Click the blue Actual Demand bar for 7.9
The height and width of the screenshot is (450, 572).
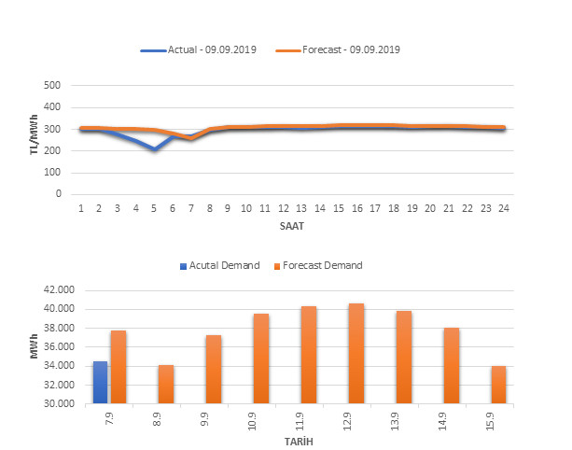coord(100,383)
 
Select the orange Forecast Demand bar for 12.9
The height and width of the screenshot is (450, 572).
coord(356,354)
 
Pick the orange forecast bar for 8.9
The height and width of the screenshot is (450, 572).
coord(166,385)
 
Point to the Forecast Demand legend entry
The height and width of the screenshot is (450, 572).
coord(317,265)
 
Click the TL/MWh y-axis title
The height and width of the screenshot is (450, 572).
coord(35,140)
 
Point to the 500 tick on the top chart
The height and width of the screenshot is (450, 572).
coord(52,85)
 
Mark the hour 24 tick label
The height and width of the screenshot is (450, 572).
coord(502,207)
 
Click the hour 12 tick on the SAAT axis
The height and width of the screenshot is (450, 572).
coord(283,207)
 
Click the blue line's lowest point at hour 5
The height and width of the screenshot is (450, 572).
coord(154,149)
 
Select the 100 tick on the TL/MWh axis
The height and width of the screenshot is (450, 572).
coord(52,173)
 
